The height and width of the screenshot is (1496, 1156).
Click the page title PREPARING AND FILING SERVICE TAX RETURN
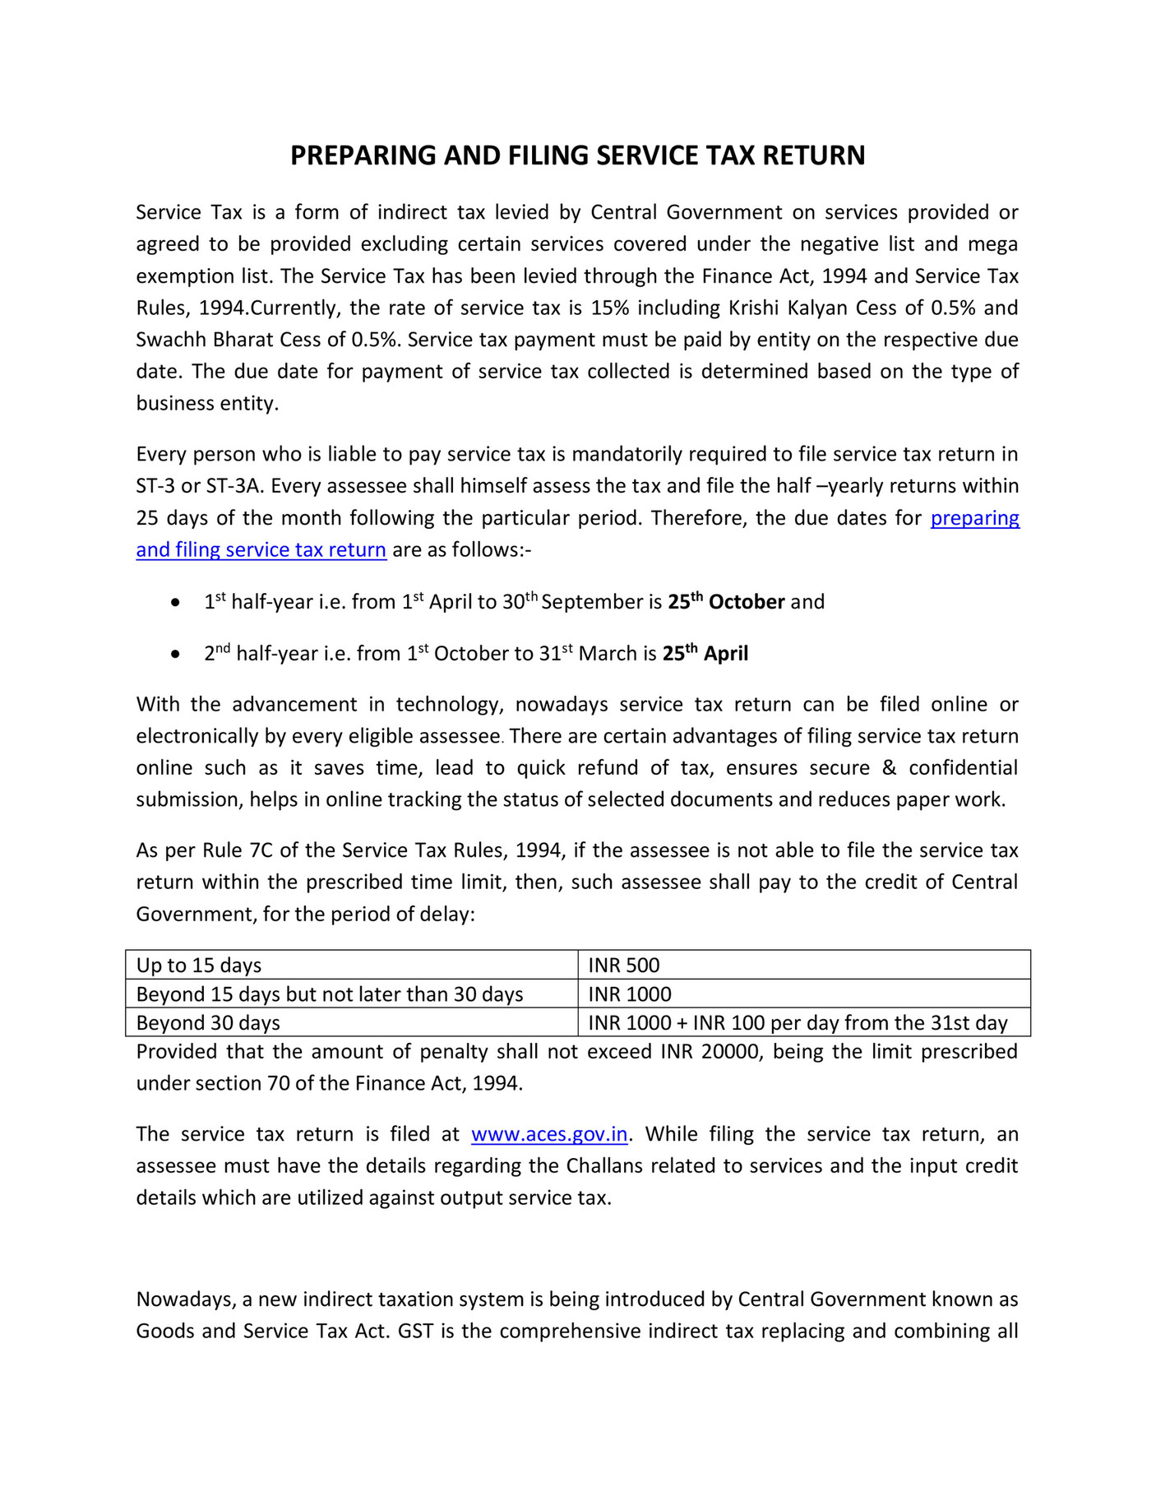click(577, 155)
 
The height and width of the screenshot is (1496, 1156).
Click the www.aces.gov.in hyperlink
click(548, 1134)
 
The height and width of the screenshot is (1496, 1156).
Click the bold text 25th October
click(725, 602)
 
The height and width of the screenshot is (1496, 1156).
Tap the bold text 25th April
click(705, 654)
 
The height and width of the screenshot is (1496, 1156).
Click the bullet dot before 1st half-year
click(174, 604)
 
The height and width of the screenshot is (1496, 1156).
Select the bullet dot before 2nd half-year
click(174, 655)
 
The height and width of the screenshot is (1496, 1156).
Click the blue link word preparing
click(974, 518)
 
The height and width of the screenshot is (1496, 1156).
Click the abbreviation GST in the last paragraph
click(415, 1332)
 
